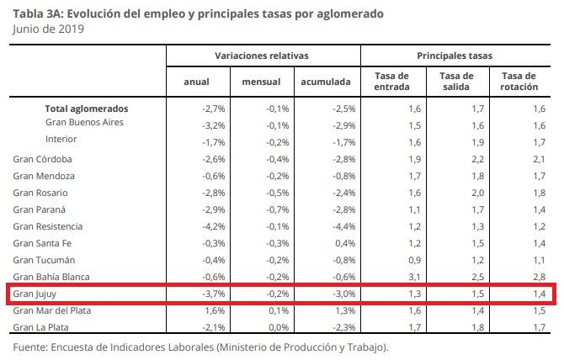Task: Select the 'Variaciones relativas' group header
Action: (262, 56)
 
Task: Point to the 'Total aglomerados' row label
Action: (87, 109)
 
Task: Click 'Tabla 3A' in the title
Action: (36, 13)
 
